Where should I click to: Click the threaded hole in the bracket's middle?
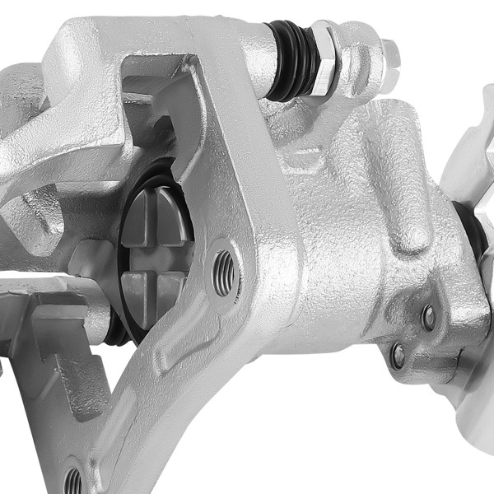point(223,271)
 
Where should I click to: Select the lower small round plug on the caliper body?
point(398,356)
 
